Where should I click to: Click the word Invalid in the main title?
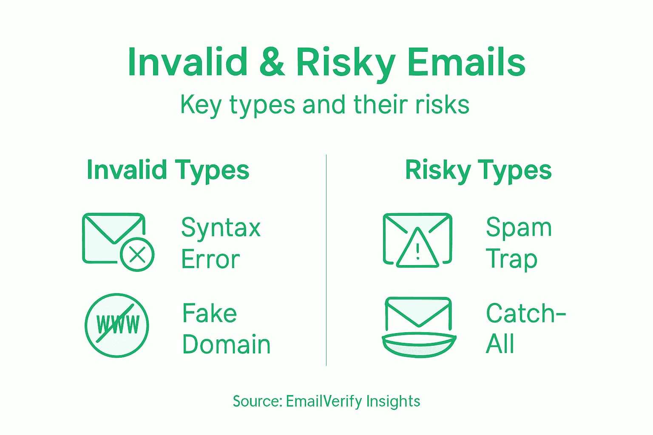pyautogui.click(x=187, y=62)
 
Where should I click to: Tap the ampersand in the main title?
pyautogui.click(x=272, y=62)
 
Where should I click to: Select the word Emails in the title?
pyautogui.click(x=466, y=62)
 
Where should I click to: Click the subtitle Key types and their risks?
pyautogui.click(x=325, y=105)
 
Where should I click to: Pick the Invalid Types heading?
pyautogui.click(x=168, y=170)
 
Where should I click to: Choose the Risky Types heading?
pyautogui.click(x=478, y=170)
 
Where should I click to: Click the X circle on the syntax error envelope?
pyautogui.click(x=137, y=254)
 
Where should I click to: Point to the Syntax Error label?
pyautogui.click(x=221, y=243)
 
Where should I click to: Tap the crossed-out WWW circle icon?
pyautogui.click(x=117, y=325)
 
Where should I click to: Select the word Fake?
pyautogui.click(x=209, y=314)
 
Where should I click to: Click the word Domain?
pyautogui.click(x=226, y=345)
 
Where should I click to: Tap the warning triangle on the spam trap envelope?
pyautogui.click(x=417, y=250)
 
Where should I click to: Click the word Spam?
pyautogui.click(x=519, y=228)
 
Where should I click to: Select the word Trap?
pyautogui.click(x=511, y=259)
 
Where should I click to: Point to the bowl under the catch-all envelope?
pyautogui.click(x=419, y=345)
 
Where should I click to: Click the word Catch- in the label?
pyautogui.click(x=525, y=314)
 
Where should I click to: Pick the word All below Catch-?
pyautogui.click(x=500, y=344)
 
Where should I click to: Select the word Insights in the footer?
pyautogui.click(x=393, y=401)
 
